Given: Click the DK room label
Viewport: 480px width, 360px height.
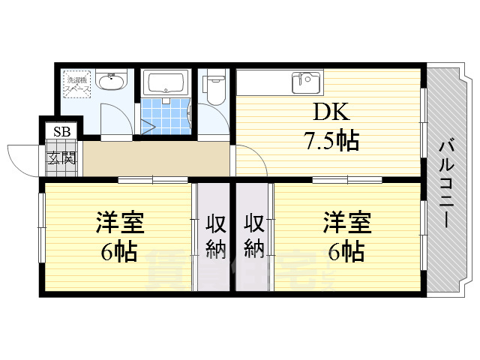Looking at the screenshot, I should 330,113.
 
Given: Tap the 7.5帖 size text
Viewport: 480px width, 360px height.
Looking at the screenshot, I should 330,140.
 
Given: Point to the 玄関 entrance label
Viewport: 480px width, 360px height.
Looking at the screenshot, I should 61,157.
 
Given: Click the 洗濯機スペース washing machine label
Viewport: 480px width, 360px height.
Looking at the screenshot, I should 78,83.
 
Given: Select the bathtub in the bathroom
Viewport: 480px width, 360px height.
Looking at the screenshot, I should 166,82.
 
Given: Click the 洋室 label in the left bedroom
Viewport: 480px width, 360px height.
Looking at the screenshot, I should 119,223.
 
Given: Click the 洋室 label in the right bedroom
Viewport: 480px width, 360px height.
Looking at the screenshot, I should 347,223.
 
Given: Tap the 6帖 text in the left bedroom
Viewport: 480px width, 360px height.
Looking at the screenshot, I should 119,250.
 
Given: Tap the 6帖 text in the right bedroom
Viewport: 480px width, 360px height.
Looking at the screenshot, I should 347,250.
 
